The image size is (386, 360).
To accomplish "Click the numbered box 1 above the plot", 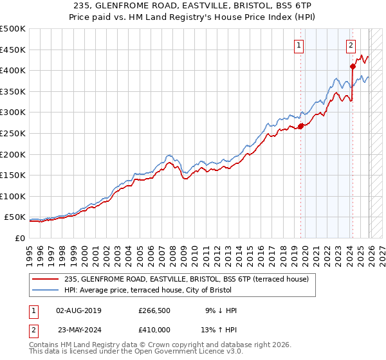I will (x=300, y=45).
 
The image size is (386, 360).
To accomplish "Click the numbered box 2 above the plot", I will (x=351, y=45).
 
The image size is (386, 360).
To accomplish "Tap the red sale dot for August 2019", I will (x=300, y=126).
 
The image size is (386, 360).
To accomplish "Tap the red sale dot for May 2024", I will (x=353, y=66).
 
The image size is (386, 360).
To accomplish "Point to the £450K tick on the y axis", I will (x=13, y=50).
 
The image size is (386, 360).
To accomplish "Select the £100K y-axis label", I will (x=13, y=196).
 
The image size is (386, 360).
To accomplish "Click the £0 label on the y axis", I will (x=20, y=238).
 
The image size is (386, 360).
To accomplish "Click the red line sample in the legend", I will (x=46, y=279).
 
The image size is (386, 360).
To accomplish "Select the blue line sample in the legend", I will (x=46, y=289).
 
